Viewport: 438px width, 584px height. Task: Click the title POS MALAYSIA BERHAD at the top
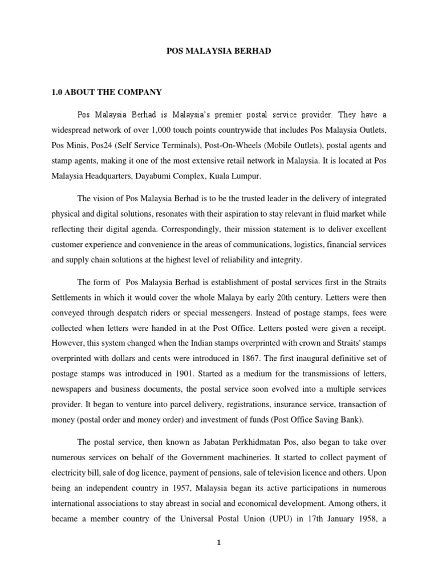tap(218, 51)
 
